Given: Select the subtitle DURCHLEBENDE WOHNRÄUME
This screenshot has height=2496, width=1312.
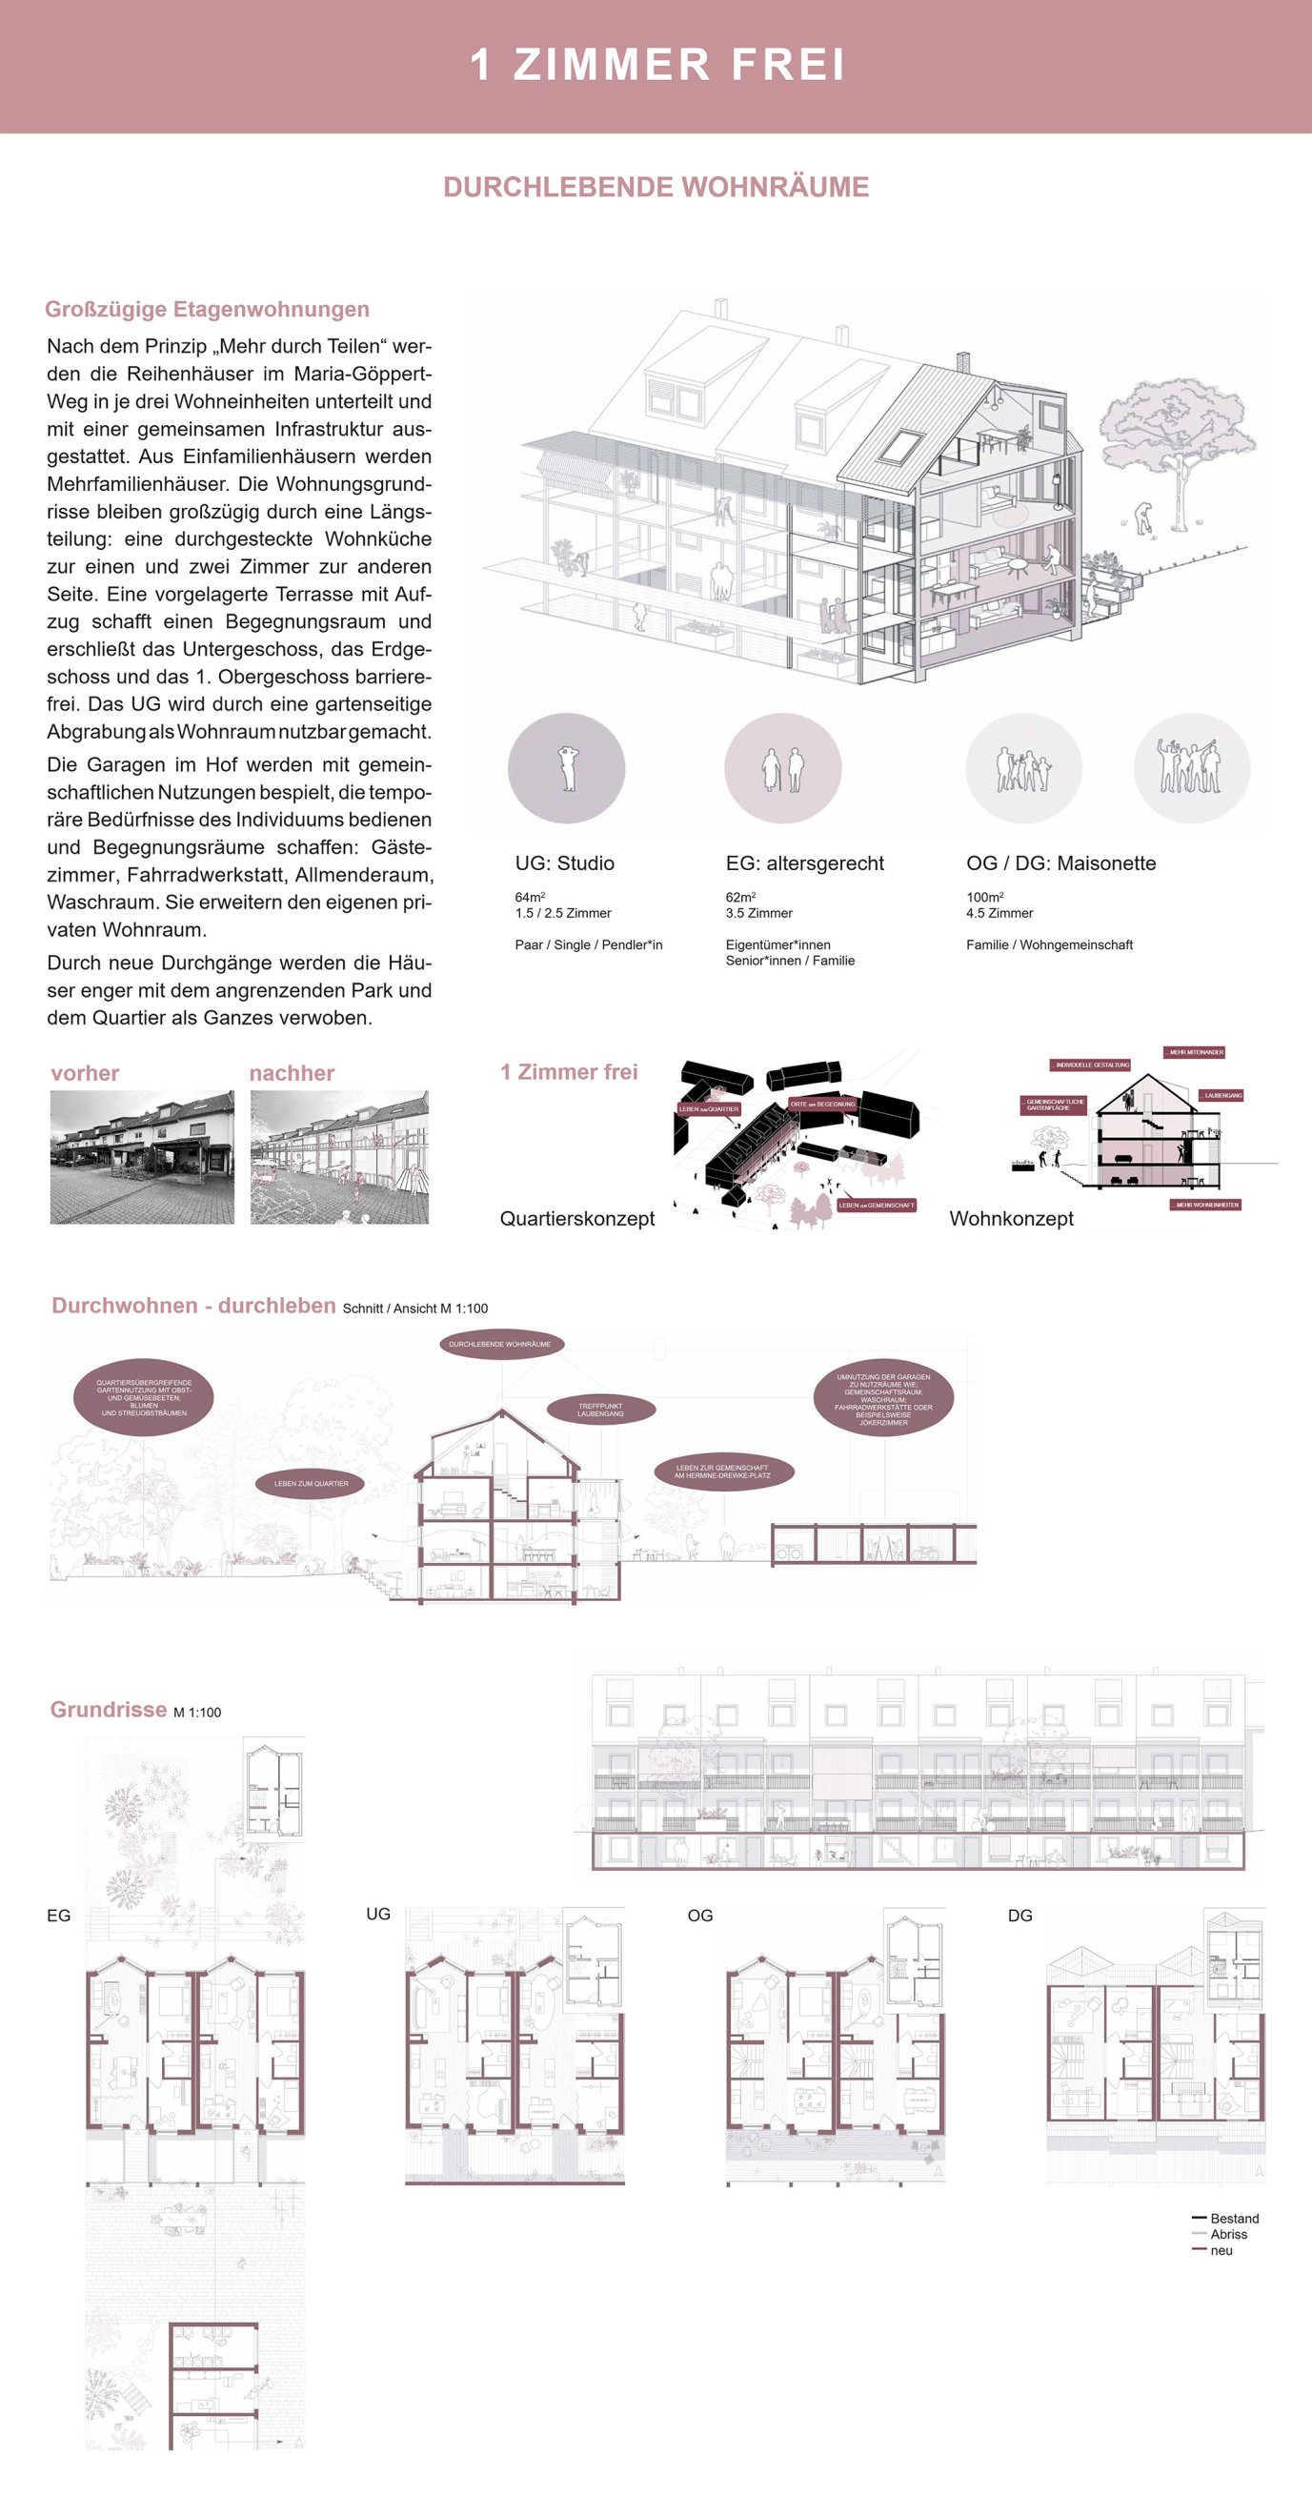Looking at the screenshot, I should (656, 187).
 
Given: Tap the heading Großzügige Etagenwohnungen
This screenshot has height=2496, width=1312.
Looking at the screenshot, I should (207, 309).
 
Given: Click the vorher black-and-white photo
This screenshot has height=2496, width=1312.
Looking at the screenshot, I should (142, 1156).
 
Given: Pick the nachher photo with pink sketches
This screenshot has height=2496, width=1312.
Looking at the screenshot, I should (339, 1156).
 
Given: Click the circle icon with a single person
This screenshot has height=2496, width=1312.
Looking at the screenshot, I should (567, 768).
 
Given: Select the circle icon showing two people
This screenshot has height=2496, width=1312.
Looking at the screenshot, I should (783, 768).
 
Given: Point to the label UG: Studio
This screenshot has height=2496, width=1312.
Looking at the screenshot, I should (564, 863).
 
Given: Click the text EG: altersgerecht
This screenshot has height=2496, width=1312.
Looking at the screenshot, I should (804, 863).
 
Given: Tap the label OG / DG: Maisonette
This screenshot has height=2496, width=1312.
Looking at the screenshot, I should (1060, 863).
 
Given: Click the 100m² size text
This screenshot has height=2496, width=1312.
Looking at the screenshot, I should (984, 897).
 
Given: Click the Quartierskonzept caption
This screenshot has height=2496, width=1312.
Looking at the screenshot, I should (576, 1219).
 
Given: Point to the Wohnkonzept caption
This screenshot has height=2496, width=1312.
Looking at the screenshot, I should (1011, 1219).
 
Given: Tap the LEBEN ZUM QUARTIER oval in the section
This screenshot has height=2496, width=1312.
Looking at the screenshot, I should (311, 1484).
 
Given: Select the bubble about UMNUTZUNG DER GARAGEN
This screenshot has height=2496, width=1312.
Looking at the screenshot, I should (882, 1399).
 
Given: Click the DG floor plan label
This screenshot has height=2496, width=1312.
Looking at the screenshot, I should (1019, 1916).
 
